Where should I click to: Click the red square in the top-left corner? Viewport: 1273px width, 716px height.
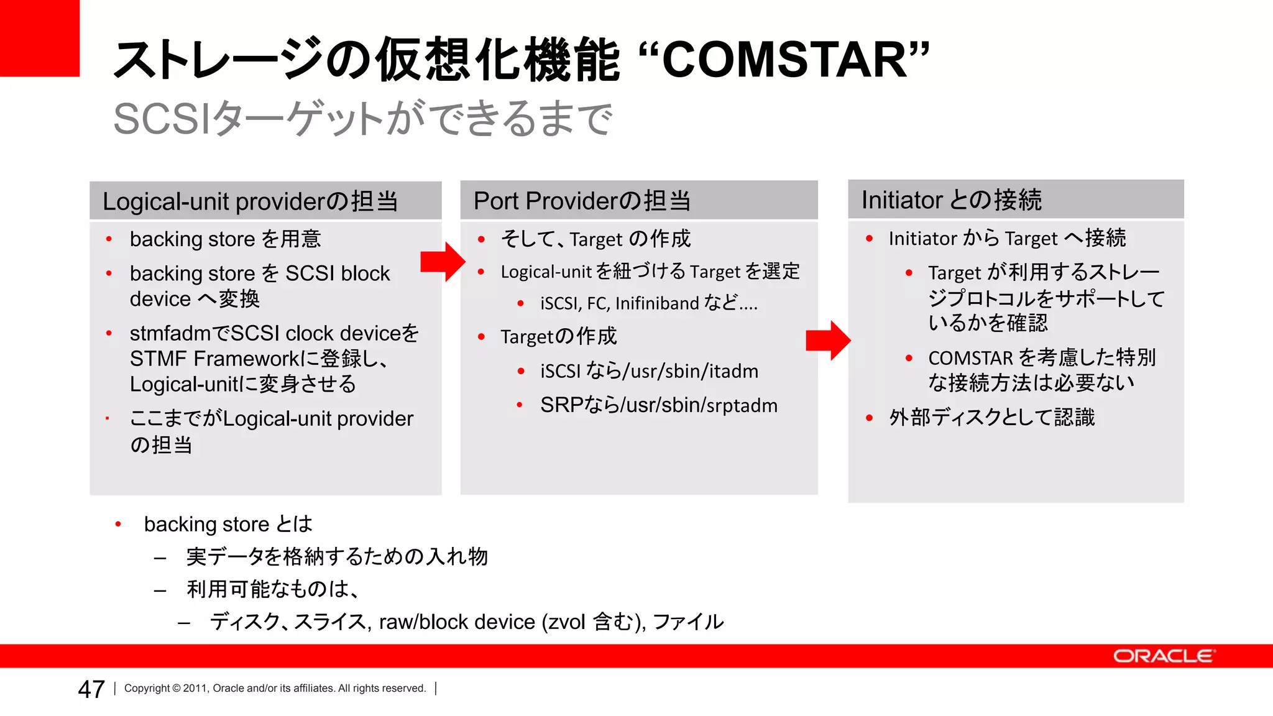coord(40,38)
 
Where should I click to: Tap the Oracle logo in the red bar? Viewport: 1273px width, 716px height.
coord(1163,656)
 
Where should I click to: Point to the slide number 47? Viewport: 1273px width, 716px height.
coord(91,689)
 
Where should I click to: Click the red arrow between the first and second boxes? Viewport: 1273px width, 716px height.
coord(443,262)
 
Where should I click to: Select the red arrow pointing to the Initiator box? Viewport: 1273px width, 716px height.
coord(828,341)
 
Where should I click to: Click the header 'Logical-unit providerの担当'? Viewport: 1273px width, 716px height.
coord(250,201)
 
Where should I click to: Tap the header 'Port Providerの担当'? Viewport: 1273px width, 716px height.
coord(582,201)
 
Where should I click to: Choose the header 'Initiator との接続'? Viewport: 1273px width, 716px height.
coord(951,200)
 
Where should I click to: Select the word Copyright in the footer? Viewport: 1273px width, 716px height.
coord(147,688)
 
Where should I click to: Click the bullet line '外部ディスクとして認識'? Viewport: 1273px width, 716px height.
coord(991,417)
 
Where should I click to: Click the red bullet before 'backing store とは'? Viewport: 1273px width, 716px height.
coord(118,525)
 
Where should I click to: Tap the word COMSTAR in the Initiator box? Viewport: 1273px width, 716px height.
coord(970,358)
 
